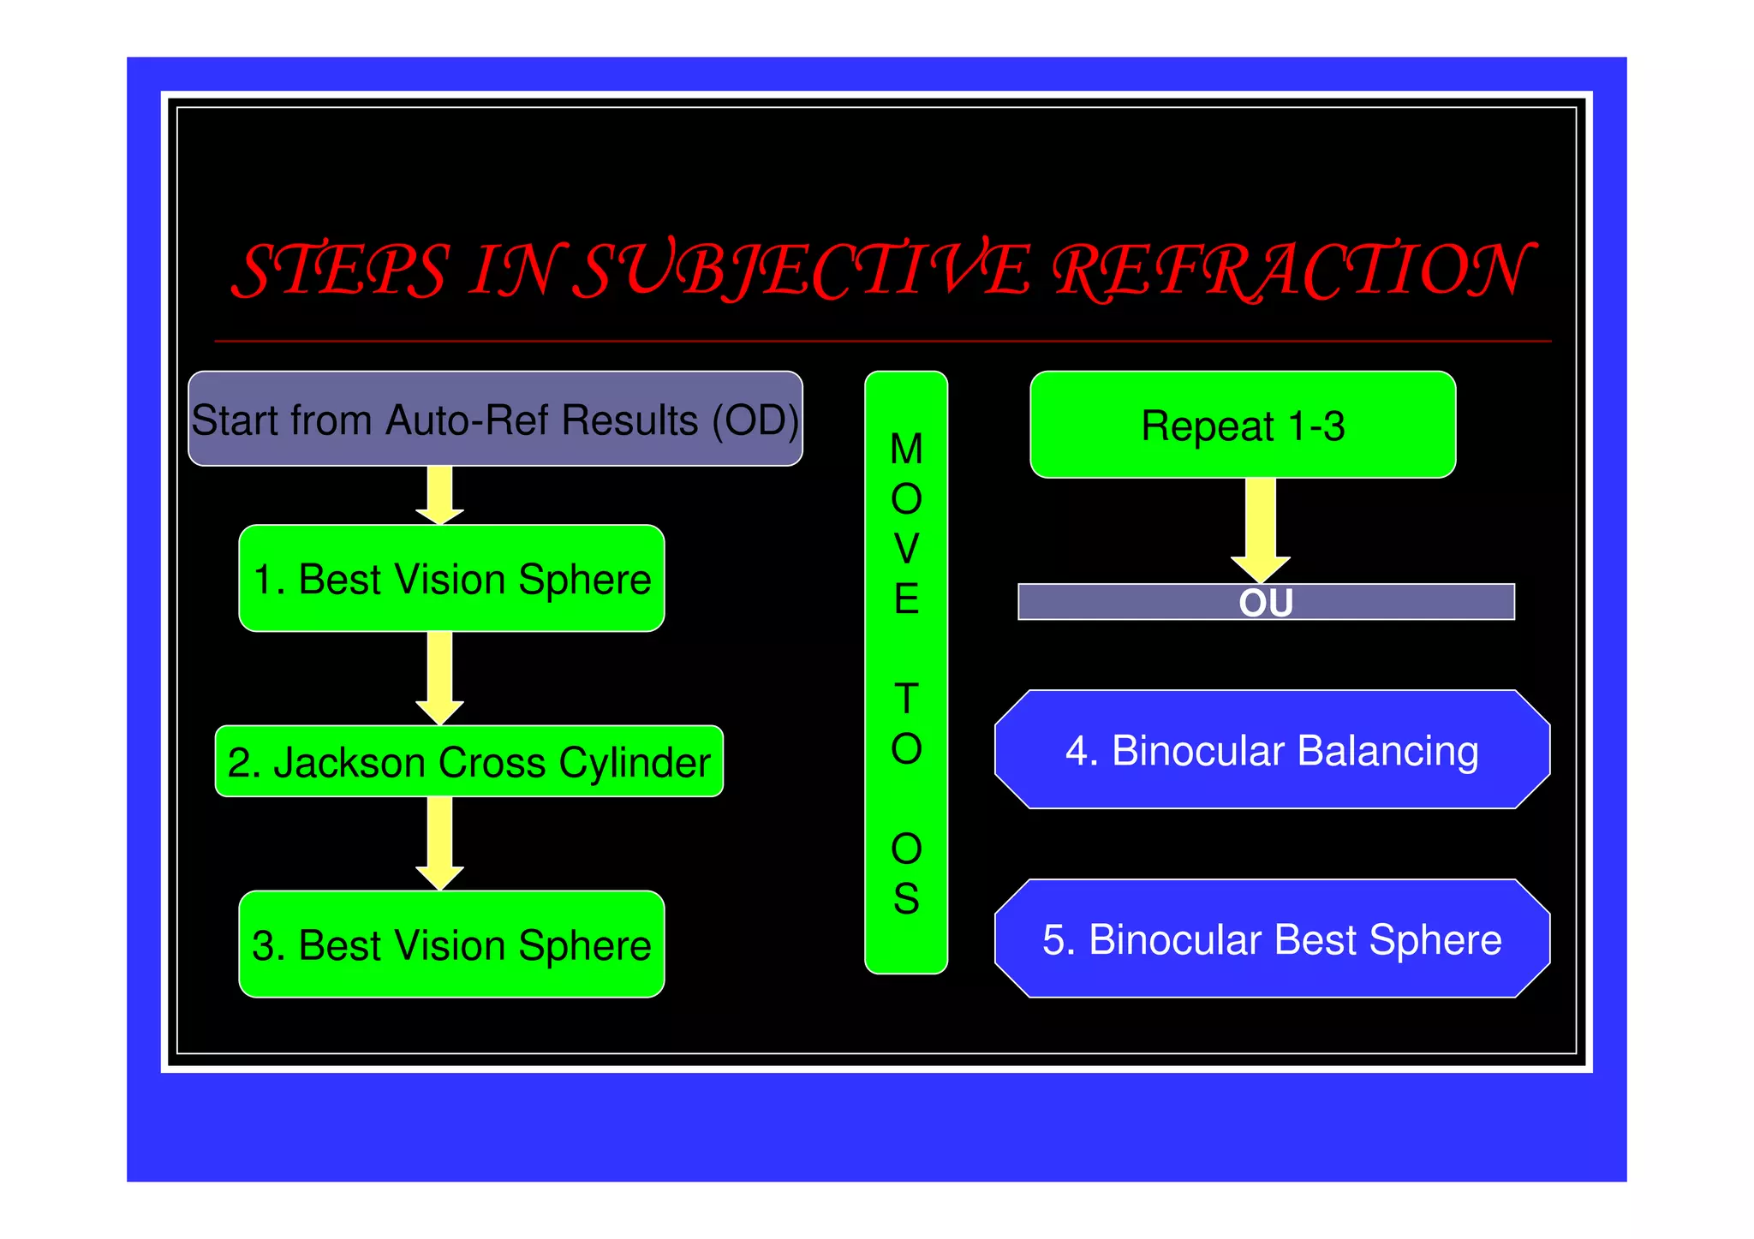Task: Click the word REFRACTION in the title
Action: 1289,271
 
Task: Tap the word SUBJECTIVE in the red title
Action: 801,271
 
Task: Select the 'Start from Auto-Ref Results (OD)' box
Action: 495,419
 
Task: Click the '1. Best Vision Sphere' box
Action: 451,579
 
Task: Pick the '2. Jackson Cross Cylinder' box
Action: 468,761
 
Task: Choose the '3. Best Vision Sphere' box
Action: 451,944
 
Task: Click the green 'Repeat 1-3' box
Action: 1243,425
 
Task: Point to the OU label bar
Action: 1266,602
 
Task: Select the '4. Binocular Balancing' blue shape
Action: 1272,750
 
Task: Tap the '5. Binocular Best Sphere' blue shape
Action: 1272,939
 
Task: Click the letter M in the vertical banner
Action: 906,450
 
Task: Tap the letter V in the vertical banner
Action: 906,549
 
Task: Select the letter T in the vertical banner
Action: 906,699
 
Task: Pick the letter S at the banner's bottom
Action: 906,899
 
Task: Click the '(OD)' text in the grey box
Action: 756,420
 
